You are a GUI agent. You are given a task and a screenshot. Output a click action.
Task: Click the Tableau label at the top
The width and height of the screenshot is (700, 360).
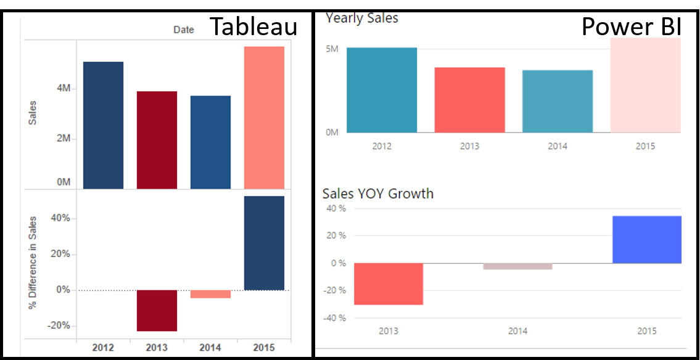[253, 27]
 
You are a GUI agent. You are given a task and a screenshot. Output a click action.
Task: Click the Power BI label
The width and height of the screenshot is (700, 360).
[631, 27]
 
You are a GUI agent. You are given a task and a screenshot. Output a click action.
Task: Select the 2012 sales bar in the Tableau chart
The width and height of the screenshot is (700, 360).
[103, 125]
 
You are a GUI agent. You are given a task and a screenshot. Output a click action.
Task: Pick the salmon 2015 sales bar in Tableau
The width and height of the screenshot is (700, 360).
[264, 117]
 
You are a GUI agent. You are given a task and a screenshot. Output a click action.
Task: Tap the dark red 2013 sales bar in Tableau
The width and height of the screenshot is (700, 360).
[157, 140]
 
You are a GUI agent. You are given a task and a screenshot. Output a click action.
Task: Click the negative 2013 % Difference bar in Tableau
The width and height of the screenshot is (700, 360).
[157, 311]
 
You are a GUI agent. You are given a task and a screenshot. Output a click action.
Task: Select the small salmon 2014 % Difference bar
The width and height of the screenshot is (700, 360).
[210, 294]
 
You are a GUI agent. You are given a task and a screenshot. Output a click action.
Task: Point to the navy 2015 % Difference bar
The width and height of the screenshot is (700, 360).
[264, 243]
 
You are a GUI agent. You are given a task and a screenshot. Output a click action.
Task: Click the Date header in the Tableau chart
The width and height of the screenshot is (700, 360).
[183, 30]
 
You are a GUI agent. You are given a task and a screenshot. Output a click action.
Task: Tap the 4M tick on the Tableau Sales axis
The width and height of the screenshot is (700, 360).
[64, 89]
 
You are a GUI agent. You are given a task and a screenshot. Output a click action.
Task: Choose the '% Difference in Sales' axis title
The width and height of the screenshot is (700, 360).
[33, 262]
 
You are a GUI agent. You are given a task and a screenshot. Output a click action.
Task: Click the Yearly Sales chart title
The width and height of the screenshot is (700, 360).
[362, 18]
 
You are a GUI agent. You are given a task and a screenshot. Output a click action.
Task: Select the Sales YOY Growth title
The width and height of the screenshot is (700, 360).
[378, 194]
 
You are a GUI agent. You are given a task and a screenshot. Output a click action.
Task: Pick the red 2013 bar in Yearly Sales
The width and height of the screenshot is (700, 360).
[469, 100]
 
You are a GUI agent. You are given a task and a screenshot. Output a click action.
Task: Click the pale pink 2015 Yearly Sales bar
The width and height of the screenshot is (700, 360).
[645, 85]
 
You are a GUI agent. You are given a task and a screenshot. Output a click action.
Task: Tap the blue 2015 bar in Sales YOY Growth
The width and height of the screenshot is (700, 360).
[646, 240]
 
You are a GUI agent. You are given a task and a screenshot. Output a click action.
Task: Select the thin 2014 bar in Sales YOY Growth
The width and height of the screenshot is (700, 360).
[517, 266]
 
